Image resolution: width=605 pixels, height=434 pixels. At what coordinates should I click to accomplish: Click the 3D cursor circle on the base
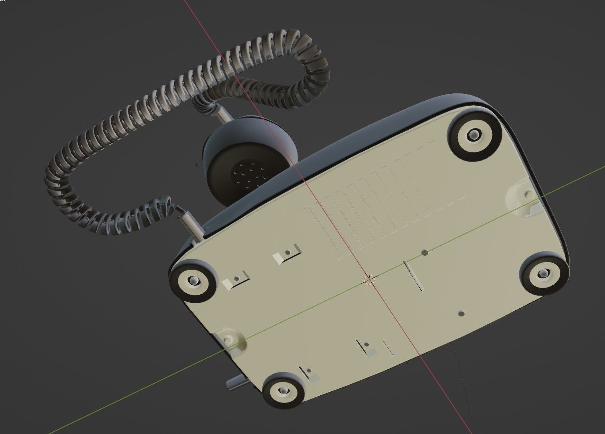coord(370,280)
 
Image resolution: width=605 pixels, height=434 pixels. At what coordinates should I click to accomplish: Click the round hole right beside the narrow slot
coord(425,253)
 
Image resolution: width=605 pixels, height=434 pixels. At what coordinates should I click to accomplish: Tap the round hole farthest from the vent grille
coord(461,314)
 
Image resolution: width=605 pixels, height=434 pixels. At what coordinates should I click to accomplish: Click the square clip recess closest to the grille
coord(287,254)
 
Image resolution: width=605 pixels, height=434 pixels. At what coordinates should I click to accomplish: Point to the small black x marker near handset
coord(196,165)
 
